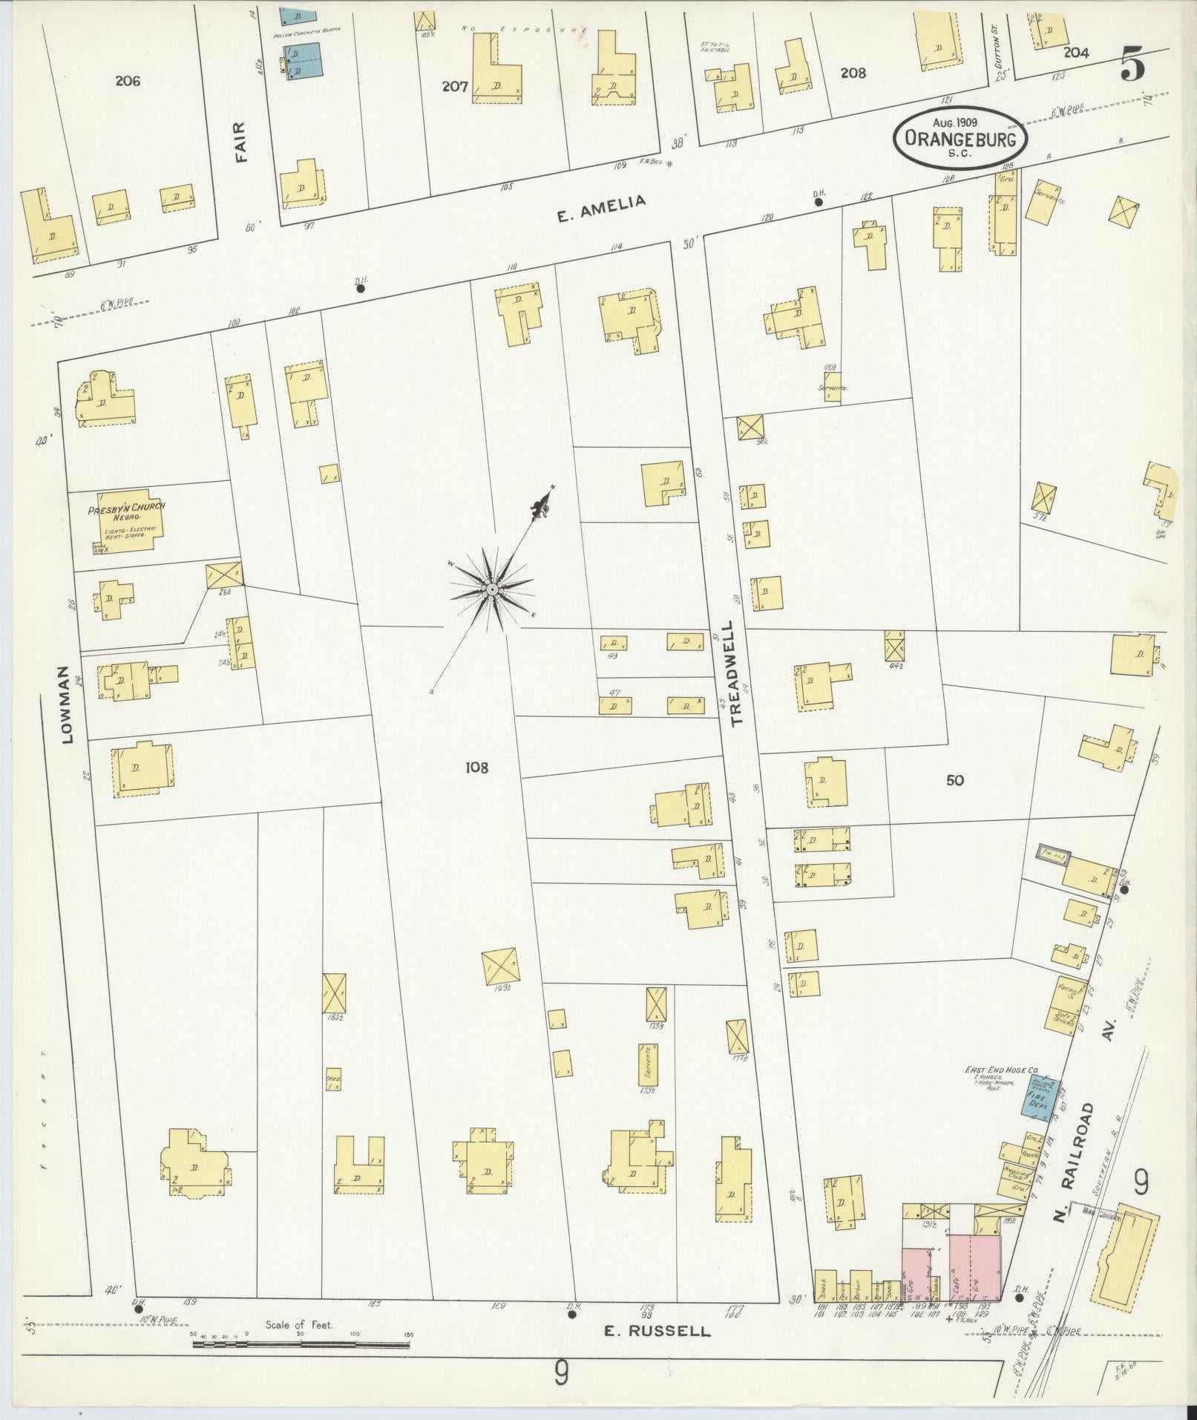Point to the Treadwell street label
(738, 673)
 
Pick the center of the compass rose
(491, 589)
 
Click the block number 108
(477, 768)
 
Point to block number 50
(955, 780)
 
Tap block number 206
(128, 81)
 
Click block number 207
(454, 86)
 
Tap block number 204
(1075, 53)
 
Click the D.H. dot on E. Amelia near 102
(361, 289)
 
